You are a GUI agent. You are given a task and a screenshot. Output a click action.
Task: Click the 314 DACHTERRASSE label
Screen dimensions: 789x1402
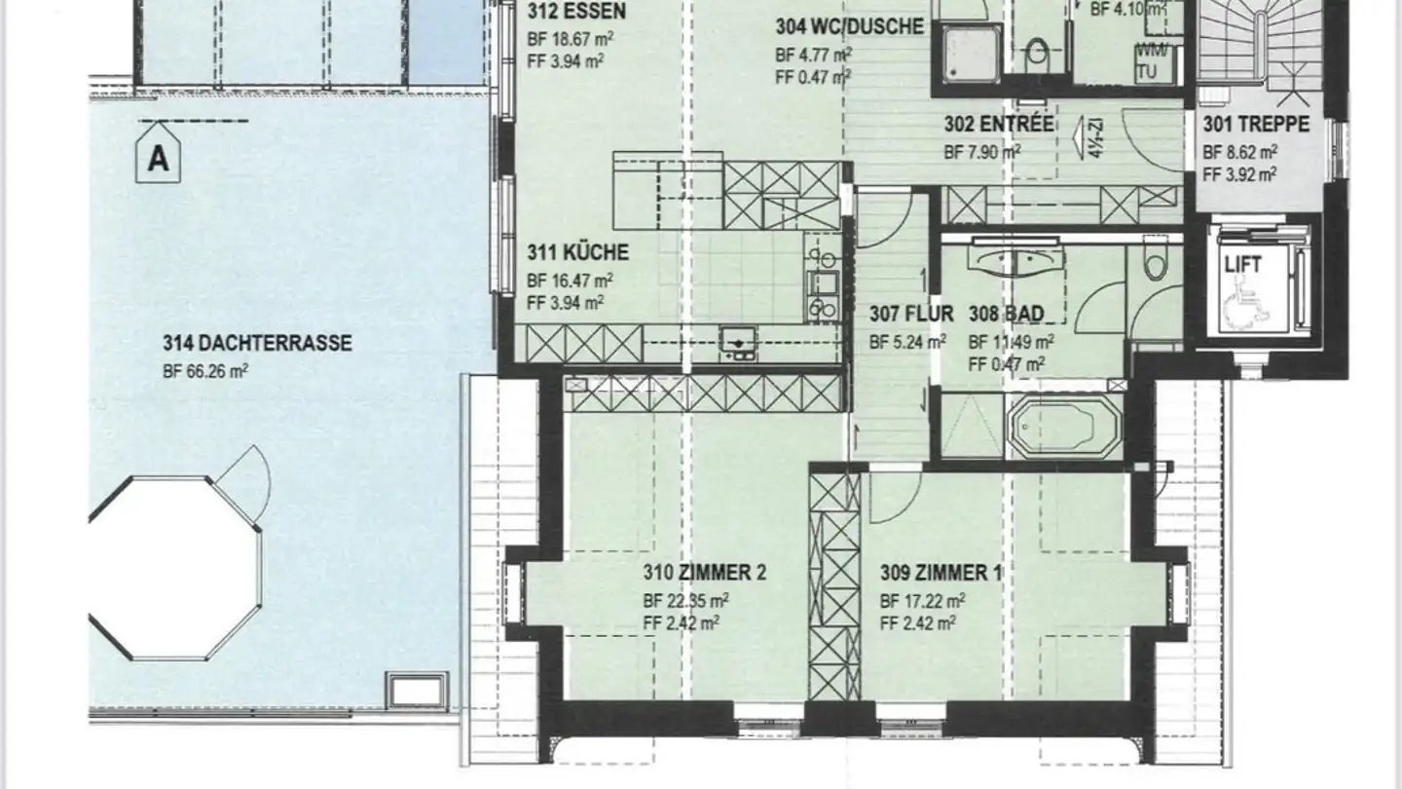coord(257,343)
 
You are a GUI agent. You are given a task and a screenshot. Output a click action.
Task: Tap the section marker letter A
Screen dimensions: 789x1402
coord(158,159)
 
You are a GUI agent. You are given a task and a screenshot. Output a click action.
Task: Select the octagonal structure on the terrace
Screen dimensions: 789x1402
coord(175,567)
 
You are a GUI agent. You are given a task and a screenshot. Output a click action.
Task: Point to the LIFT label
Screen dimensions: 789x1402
coord(1243,265)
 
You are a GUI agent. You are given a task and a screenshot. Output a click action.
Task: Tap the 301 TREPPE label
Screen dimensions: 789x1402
coord(1256,125)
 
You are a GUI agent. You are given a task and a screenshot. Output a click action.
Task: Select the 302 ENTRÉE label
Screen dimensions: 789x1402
coord(999,125)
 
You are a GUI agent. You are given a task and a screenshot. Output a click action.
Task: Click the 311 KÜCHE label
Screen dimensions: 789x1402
coord(577,252)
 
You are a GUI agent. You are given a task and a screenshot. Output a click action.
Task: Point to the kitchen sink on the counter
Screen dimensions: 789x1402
coord(737,342)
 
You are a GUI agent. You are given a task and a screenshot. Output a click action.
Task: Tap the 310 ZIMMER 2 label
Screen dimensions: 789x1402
coord(704,573)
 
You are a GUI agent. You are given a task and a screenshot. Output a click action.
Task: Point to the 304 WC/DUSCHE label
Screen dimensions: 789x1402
coord(849,27)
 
